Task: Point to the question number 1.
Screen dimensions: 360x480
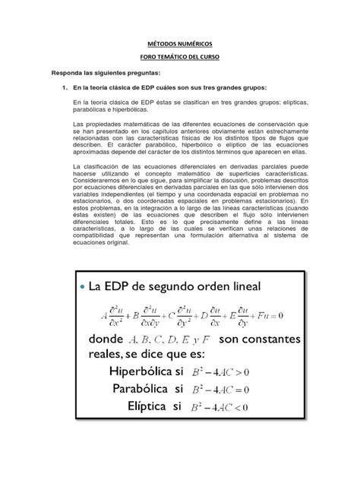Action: click(x=64, y=88)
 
